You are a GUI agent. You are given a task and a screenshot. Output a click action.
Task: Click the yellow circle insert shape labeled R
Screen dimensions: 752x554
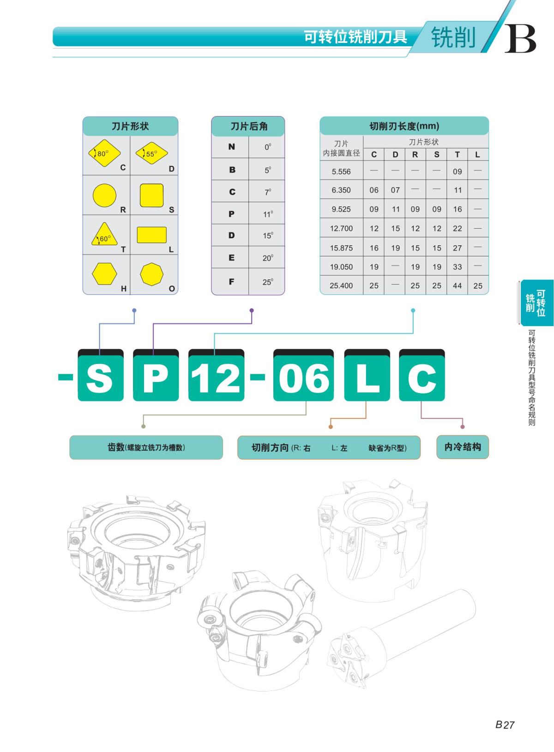point(104,195)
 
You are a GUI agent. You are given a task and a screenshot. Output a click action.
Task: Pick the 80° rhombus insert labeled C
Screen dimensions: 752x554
point(104,153)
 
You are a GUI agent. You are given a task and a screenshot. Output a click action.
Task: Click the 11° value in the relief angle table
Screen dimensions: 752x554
point(268,214)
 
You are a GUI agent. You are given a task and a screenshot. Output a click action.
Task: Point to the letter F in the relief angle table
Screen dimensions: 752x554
point(231,281)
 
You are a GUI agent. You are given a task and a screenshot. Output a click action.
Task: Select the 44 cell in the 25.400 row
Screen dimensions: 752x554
point(457,285)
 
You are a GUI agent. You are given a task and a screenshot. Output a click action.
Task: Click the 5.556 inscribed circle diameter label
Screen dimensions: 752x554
point(341,171)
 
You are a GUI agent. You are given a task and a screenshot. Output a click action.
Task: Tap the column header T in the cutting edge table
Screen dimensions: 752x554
point(457,154)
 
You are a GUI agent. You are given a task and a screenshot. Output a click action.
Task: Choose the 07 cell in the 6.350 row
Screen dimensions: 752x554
point(395,190)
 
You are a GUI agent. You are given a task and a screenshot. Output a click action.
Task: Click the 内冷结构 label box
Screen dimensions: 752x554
point(463,447)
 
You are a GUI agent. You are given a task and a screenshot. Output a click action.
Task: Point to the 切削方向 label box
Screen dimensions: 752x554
point(329,447)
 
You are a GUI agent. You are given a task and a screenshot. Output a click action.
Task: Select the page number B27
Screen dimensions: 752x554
point(505,724)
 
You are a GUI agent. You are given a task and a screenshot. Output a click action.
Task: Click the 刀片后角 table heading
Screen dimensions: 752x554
point(248,126)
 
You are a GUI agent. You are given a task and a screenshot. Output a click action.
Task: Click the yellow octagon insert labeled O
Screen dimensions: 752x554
point(152,274)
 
